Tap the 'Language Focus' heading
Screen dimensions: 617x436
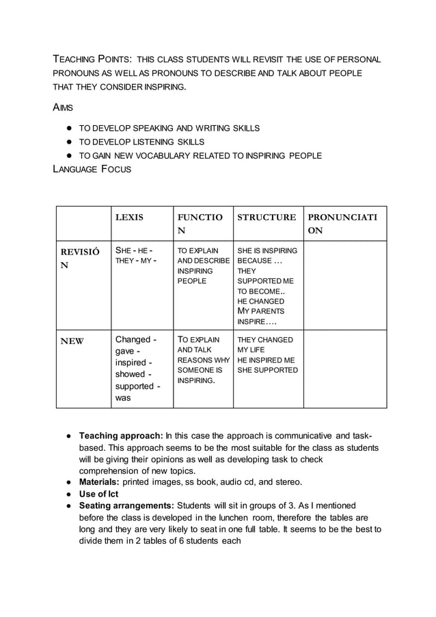coord(92,170)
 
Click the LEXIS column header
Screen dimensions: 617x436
coord(129,218)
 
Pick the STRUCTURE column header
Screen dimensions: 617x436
coord(267,218)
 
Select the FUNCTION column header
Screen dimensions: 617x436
coord(200,224)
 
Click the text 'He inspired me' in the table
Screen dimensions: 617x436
coord(266,360)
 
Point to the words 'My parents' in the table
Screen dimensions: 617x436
coord(261,311)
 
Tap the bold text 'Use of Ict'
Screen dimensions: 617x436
coord(99,494)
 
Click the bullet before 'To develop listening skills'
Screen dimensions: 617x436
coord(70,142)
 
